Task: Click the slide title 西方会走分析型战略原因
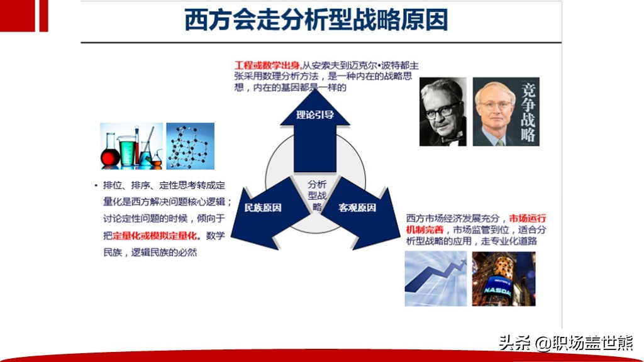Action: pos(316,19)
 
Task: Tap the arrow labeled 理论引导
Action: pos(315,131)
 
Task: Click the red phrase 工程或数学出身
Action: pos(267,65)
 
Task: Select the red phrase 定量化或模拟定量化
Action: pos(155,236)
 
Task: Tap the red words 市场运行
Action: pos(528,218)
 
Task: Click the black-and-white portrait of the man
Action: pos(443,112)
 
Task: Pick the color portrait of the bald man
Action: pos(495,112)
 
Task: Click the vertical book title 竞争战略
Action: pos(528,112)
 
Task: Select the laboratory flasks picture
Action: pos(131,146)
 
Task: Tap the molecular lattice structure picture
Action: pos(190,146)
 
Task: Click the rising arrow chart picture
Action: pos(436,278)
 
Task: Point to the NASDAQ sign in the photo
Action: pos(497,290)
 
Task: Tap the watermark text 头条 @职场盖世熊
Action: pos(566,343)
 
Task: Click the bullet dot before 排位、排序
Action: pos(96,185)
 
